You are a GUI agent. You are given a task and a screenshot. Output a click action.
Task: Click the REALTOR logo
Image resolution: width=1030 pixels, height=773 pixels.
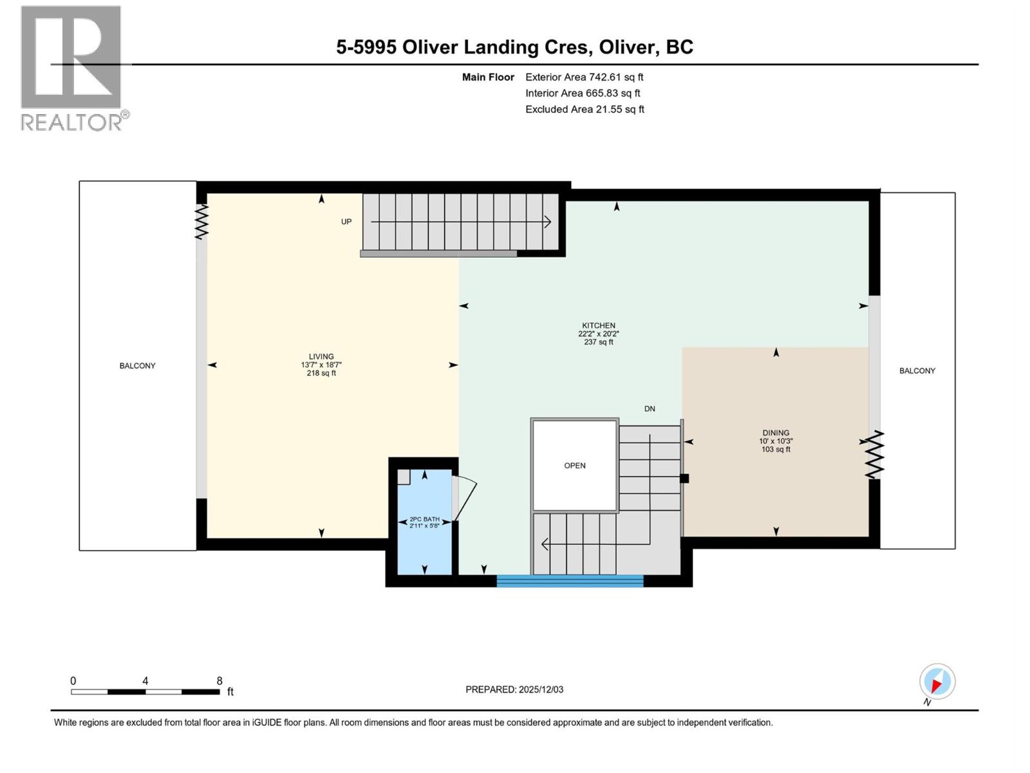click(x=71, y=68)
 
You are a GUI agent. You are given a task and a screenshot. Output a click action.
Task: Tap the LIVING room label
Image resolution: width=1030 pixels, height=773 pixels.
click(x=321, y=356)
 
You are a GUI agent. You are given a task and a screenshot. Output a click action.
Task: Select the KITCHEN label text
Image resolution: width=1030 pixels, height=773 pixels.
click(x=599, y=325)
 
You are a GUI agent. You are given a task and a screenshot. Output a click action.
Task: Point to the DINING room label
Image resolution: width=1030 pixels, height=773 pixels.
click(x=776, y=433)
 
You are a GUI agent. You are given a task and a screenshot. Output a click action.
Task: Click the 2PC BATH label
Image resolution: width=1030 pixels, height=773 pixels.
click(x=425, y=519)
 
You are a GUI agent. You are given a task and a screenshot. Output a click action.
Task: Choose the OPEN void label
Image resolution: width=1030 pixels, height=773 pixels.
click(x=575, y=466)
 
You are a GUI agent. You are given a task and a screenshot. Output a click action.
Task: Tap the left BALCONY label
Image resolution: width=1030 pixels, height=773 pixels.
click(x=137, y=365)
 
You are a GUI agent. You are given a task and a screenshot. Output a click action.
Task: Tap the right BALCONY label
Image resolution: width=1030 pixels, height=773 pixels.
click(x=917, y=370)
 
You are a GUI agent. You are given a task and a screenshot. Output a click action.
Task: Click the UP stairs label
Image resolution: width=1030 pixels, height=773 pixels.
click(x=346, y=222)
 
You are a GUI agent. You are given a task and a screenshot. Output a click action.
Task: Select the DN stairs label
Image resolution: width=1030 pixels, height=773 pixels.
click(x=650, y=408)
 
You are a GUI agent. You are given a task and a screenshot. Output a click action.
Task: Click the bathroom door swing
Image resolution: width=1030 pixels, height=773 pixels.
click(x=465, y=498)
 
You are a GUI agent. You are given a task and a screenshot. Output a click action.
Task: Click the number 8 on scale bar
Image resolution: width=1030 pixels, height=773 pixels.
click(x=220, y=681)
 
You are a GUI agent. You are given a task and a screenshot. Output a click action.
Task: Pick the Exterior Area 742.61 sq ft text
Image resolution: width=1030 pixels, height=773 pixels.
click(x=584, y=77)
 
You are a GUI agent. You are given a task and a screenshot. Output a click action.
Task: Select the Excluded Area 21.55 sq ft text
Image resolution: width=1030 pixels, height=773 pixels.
click(x=585, y=109)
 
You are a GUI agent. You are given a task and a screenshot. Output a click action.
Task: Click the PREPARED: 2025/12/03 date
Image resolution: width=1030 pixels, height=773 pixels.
click(x=514, y=689)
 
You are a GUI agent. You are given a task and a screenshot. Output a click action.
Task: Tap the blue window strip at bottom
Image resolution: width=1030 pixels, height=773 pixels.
click(x=570, y=581)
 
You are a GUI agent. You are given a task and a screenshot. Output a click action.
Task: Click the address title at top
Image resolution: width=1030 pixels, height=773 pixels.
click(x=514, y=47)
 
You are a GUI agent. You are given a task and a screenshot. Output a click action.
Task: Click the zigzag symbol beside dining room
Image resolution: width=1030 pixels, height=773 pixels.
click(x=874, y=455)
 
